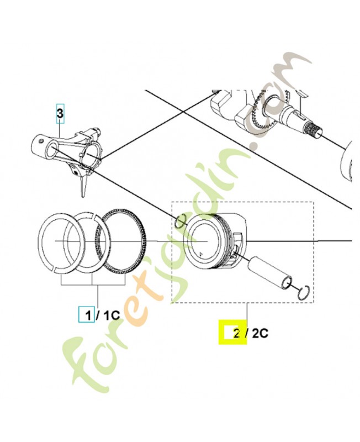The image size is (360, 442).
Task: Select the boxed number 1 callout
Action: click(86, 315)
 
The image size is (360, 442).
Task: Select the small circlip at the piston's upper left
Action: click(180, 222)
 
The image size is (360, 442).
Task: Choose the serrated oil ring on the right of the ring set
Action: click(121, 240)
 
